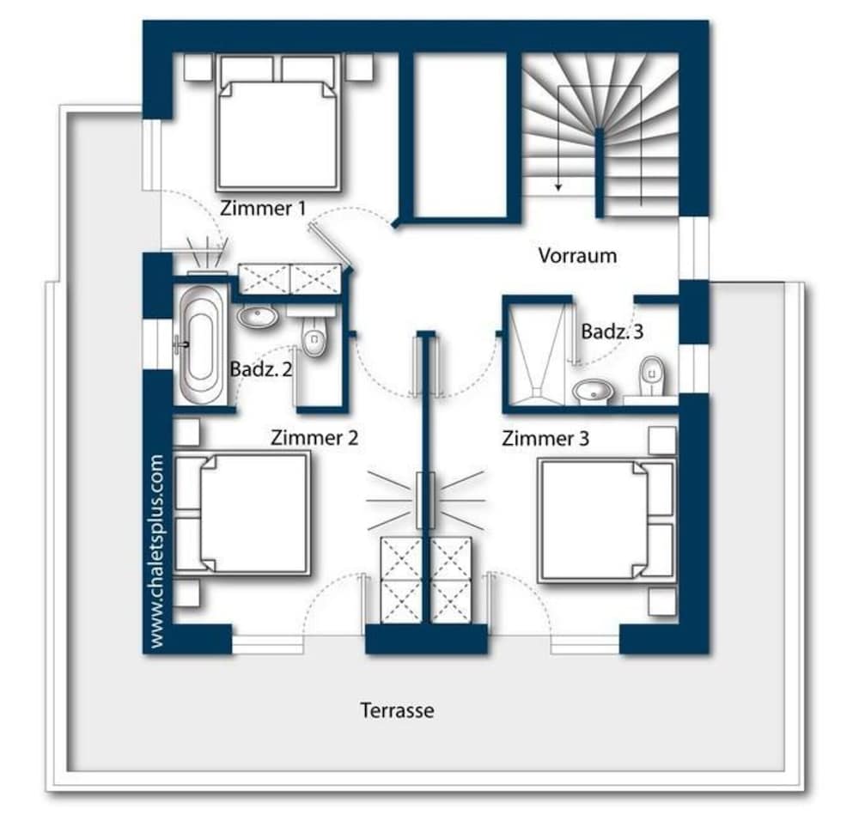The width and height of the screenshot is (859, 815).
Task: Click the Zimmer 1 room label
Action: click(262, 208)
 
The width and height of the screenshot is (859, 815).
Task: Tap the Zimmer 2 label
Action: click(314, 438)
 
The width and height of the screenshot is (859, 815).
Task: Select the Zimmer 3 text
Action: click(545, 438)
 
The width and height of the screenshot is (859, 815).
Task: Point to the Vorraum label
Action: click(577, 255)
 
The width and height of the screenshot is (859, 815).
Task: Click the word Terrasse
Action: click(397, 710)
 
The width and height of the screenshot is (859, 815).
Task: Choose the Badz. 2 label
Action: click(261, 368)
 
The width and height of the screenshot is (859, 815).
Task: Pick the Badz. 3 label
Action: click(612, 331)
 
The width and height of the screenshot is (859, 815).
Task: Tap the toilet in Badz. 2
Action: click(314, 334)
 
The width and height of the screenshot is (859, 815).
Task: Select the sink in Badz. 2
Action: click(258, 316)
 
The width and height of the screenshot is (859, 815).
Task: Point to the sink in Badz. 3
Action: click(593, 390)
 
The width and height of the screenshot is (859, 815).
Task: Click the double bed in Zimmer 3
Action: click(606, 520)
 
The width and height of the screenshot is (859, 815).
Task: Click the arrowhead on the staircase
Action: click(558, 186)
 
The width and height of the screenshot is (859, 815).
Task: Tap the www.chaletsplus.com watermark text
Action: click(156, 551)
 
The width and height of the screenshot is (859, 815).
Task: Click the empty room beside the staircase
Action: click(460, 136)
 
